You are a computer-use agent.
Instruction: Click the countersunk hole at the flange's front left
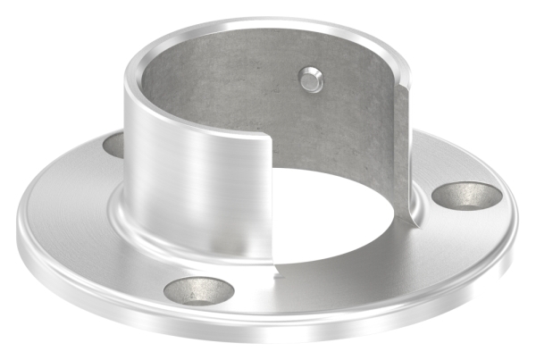[200, 289]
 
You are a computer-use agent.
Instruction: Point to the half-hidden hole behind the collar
[113, 144]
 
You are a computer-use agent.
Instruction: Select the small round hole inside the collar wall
[309, 80]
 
